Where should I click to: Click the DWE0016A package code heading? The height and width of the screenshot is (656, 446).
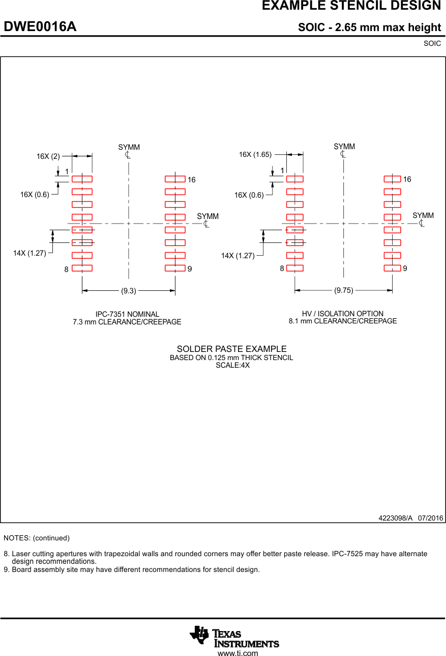40,27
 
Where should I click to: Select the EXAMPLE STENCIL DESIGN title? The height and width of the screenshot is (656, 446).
351,6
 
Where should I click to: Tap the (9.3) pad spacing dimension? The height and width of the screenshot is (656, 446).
129,291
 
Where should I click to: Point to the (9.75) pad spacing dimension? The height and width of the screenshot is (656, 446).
343,290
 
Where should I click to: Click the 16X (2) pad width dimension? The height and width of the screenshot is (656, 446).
48,156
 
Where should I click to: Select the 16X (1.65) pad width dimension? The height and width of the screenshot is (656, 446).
255,154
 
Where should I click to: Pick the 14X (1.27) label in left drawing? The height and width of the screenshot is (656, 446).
29,253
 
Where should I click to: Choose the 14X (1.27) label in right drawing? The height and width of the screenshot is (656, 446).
237,256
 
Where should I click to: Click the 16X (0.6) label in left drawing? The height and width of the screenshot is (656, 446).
35,195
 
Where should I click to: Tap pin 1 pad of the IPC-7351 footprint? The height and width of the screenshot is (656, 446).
82,179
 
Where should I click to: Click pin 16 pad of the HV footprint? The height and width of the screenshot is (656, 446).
392,179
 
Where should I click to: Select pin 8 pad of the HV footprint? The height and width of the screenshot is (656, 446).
294,268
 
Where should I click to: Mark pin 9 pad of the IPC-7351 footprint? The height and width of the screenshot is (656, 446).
175,268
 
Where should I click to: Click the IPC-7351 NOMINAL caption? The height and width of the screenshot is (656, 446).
127,314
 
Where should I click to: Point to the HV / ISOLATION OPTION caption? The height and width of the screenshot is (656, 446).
343,314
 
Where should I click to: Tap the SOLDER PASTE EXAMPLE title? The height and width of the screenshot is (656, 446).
231,349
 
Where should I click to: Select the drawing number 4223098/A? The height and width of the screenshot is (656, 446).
395,518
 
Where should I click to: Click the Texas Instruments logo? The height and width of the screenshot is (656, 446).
234,636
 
